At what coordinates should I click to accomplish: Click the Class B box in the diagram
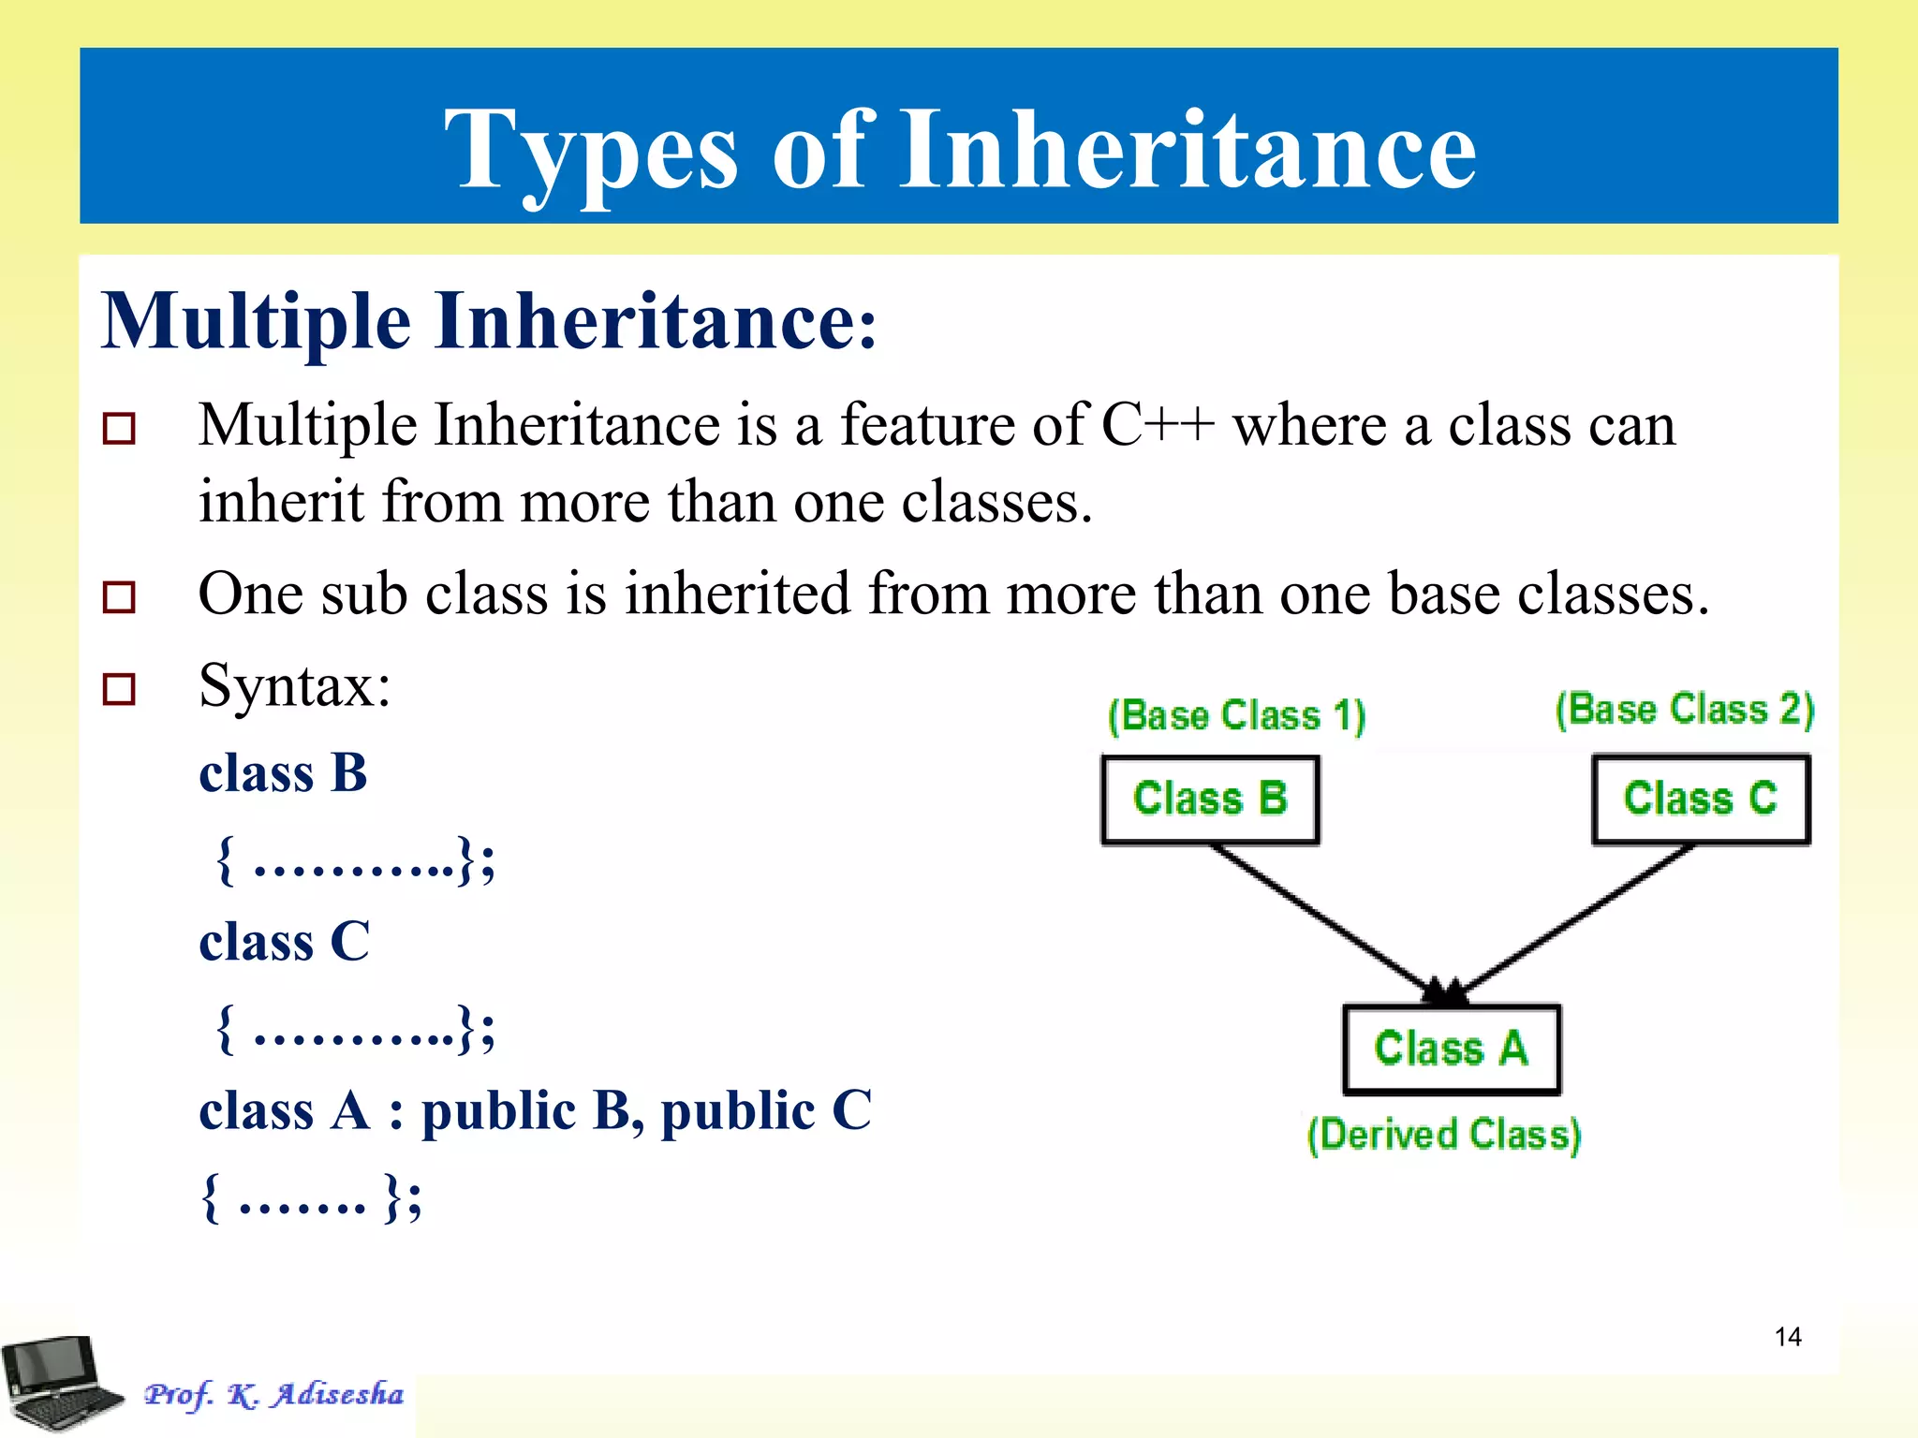1210,800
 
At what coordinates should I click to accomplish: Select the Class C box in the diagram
1701,800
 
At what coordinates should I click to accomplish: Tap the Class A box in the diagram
1451,1049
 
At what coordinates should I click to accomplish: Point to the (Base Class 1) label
1236,716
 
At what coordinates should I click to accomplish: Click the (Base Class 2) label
1685,710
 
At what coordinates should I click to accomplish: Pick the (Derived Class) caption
1444,1135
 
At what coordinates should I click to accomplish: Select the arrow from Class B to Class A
1330,923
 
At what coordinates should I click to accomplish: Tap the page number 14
1788,1337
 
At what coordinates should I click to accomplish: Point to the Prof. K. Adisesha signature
273,1394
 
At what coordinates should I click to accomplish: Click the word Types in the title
591,150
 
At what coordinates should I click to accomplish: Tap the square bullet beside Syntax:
119,689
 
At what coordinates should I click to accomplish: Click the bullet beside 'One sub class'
119,596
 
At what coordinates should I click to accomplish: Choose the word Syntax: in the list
295,685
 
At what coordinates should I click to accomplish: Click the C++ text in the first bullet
1158,425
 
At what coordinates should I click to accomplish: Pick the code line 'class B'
283,773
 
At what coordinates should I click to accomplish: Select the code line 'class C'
284,942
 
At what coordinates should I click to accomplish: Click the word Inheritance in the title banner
1187,150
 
